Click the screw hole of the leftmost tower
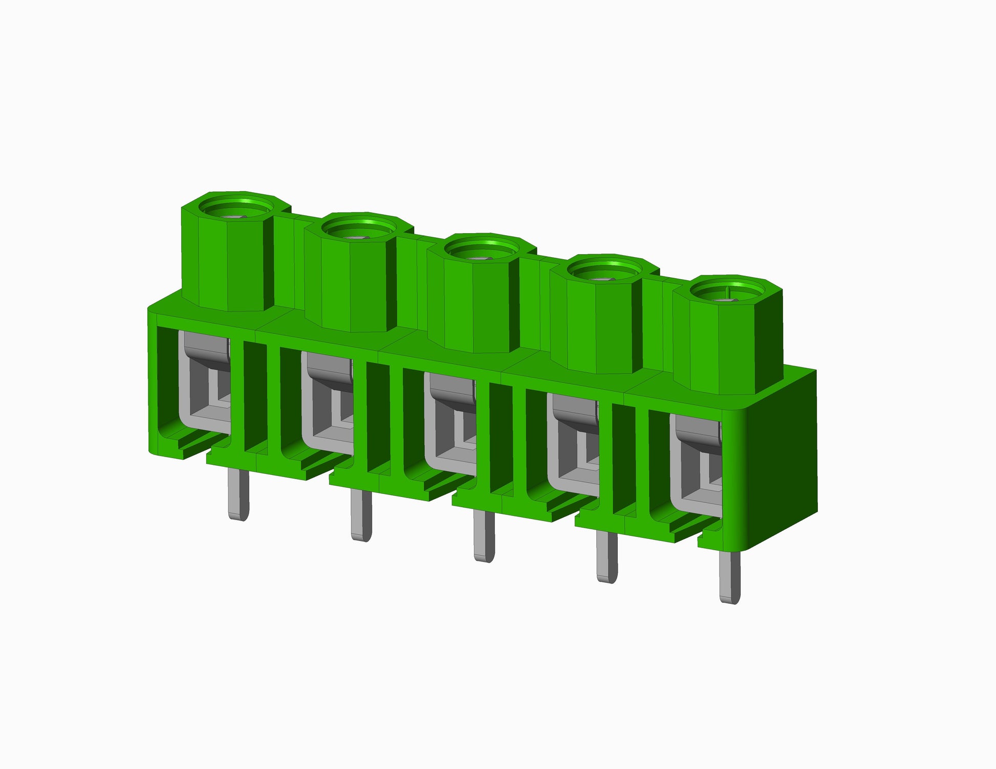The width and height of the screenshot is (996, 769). (236, 209)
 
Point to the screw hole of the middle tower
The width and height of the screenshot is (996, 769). (482, 251)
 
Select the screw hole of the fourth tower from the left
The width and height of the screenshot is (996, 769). (605, 272)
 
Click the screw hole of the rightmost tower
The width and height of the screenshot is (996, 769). (728, 292)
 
